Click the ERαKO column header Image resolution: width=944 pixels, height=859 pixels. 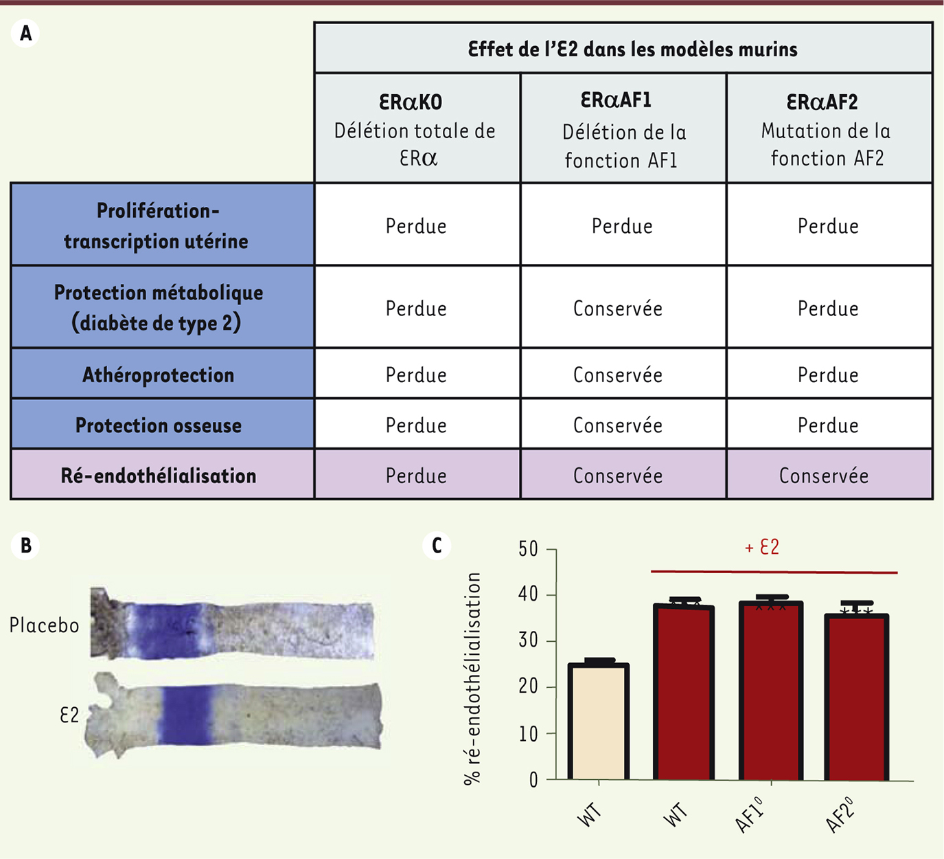click(x=417, y=129)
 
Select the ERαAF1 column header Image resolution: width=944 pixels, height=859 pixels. click(x=623, y=129)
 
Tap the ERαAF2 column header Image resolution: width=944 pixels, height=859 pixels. click(x=828, y=129)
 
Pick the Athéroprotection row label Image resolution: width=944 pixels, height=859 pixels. click(x=159, y=375)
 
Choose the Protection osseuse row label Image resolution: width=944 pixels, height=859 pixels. click(x=159, y=425)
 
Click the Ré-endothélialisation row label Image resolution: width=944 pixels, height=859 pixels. click(x=159, y=476)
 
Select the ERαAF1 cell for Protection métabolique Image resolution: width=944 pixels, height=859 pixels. click(x=618, y=309)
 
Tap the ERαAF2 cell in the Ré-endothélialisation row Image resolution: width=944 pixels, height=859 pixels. click(x=824, y=476)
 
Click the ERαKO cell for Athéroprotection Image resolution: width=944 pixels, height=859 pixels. click(x=416, y=375)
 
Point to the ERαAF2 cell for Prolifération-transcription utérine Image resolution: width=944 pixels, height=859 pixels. click(x=828, y=226)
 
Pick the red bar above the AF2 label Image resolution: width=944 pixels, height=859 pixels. click(x=857, y=698)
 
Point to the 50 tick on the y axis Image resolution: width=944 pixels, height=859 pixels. click(x=529, y=549)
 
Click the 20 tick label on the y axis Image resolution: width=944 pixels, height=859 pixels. click(x=529, y=687)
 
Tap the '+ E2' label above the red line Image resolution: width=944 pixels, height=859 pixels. click(x=762, y=548)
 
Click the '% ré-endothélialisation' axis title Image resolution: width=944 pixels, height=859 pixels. click(x=472, y=678)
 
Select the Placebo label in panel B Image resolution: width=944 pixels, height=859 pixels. click(x=45, y=625)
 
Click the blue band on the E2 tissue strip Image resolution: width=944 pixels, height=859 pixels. click(x=187, y=715)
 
